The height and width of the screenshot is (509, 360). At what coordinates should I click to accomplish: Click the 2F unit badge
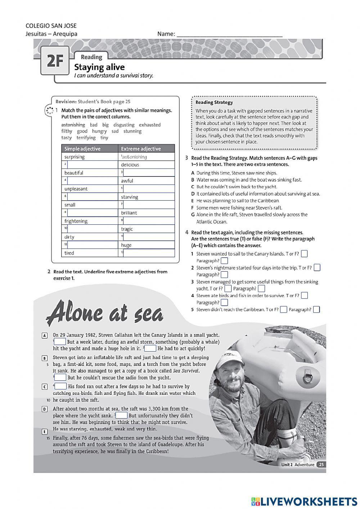pos(55,61)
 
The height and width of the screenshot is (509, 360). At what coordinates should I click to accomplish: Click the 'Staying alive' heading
pos(99,67)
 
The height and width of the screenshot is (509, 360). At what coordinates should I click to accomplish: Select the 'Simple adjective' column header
pos(82,149)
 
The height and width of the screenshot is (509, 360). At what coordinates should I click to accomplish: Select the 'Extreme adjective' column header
pos(141,149)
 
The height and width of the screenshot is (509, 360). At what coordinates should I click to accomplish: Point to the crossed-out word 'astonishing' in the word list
pos(73,125)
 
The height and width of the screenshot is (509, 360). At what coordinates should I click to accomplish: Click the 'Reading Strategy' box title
pos(214,102)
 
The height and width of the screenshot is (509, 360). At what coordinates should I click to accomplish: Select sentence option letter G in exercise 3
pos(193,215)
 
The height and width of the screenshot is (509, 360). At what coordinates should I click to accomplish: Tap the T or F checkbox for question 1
pos(304,254)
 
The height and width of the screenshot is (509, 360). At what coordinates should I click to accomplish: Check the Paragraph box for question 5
pos(316,309)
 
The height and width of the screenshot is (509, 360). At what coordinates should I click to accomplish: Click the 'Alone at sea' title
pos(105,313)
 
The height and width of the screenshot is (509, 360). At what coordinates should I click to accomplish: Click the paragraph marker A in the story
pos(45,335)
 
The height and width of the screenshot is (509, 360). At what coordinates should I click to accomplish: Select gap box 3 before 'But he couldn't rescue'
pos(60,378)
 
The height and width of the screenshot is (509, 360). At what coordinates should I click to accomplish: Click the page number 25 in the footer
pos(321,464)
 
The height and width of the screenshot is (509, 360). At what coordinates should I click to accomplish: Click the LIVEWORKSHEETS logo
pos(304,501)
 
